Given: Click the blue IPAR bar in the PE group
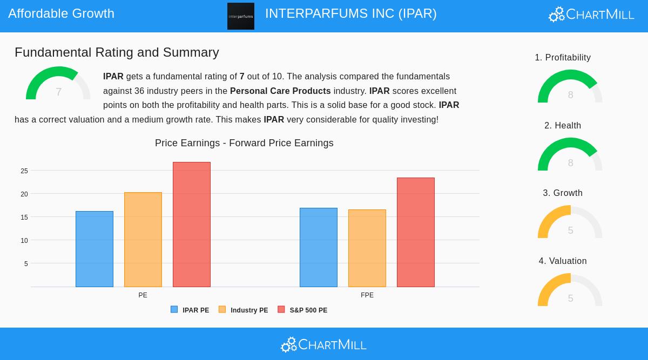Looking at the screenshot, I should (x=94, y=249).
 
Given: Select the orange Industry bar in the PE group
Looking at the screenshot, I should (x=143, y=240).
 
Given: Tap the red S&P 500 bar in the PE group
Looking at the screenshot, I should (x=192, y=225).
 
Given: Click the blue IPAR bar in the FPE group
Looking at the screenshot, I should (x=319, y=247).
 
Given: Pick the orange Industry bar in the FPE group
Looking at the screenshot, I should (x=367, y=248).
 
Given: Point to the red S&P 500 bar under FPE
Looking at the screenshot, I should (x=416, y=232).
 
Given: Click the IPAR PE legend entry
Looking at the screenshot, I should (x=190, y=310).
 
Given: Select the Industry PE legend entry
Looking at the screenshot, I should (x=244, y=310).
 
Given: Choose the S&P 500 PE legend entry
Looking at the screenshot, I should (x=302, y=310).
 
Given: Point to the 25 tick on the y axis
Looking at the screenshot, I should (x=24, y=171).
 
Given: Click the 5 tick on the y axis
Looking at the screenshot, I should (x=26, y=264).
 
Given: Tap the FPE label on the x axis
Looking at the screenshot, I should (x=367, y=295).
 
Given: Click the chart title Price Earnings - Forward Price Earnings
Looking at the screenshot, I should (x=244, y=143).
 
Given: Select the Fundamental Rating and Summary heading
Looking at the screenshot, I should (x=117, y=52).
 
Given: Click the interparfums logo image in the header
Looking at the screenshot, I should (x=241, y=16).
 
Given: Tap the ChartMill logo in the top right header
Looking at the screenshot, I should (x=591, y=14).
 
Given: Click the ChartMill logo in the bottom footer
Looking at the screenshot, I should (x=324, y=344).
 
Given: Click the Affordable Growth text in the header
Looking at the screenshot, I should (x=62, y=13).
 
